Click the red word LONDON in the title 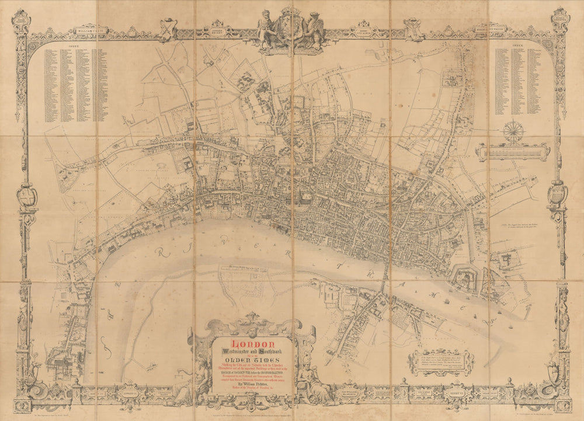pyautogui.click(x=253, y=343)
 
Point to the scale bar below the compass pyautogui.click(x=512, y=153)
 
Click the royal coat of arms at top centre pyautogui.click(x=291, y=27)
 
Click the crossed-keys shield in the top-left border pyautogui.click(x=169, y=27)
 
